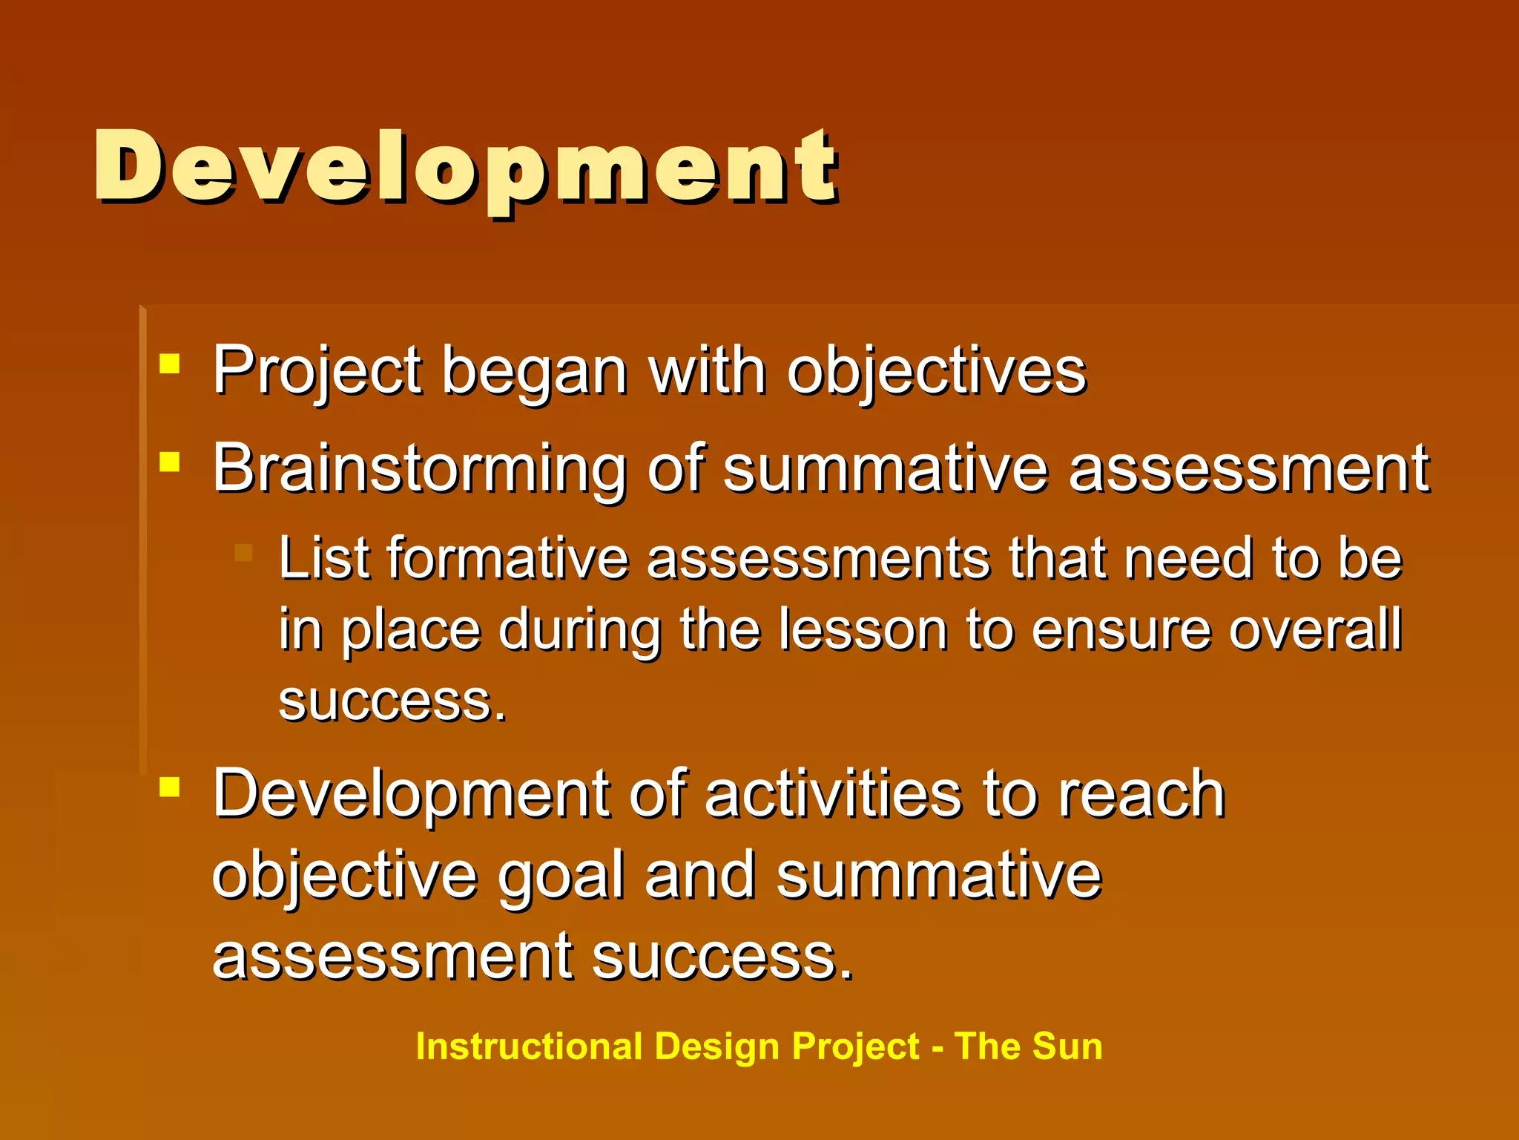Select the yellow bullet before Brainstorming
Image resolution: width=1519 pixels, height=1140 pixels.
click(x=170, y=462)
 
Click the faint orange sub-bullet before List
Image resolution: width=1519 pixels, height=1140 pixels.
click(x=243, y=552)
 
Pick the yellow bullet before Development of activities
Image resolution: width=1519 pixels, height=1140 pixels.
click(x=170, y=787)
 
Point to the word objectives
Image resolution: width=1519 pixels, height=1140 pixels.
click(x=936, y=371)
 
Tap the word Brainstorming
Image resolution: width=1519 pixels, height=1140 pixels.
click(x=419, y=469)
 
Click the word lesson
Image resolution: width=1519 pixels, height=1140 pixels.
click(x=863, y=630)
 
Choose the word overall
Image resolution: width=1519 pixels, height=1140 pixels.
click(x=1315, y=630)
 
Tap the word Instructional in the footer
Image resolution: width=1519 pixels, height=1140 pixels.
click(x=529, y=1047)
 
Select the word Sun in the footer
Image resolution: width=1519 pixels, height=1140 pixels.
click(x=1067, y=1047)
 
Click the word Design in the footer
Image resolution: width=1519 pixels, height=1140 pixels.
click(x=717, y=1047)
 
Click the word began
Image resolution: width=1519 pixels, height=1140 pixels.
click(x=535, y=371)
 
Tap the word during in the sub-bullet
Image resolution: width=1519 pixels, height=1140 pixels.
click(x=579, y=630)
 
